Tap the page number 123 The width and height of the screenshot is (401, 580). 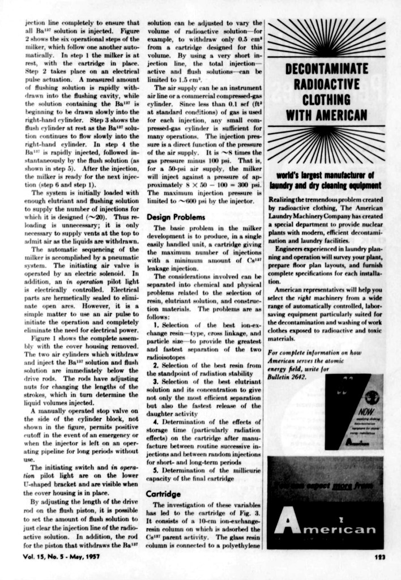click(380, 556)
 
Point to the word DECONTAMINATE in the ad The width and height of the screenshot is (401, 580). click(326, 70)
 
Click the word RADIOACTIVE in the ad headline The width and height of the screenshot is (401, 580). click(327, 85)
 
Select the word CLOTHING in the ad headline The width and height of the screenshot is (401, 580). click(326, 100)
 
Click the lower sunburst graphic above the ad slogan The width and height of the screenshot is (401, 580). click(326, 144)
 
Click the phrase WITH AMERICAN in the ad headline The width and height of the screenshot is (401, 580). click(326, 115)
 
